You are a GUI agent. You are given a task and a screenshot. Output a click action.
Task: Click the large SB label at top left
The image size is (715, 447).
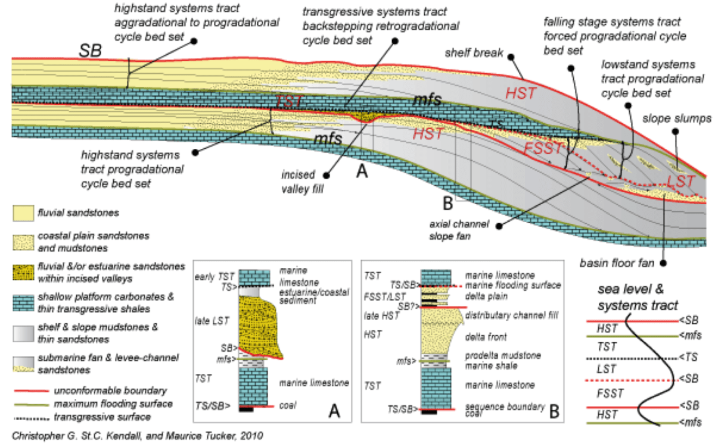[91, 52]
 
